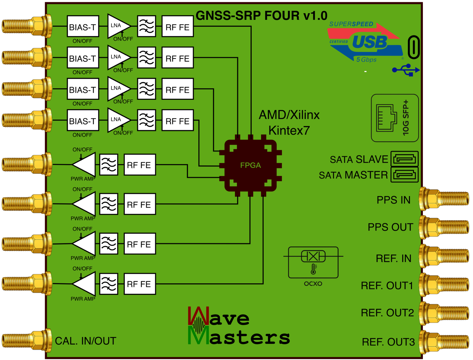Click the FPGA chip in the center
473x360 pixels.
[x=250, y=165]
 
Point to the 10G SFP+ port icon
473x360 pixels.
[x=395, y=118]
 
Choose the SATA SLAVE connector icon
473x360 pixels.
[x=404, y=159]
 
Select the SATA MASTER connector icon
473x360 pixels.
[x=404, y=175]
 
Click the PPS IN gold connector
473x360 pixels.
[x=445, y=199]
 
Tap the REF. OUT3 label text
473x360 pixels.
[x=388, y=342]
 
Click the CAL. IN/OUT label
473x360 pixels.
[x=85, y=341]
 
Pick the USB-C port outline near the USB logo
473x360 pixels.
[x=414, y=47]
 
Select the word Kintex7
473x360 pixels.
[x=289, y=130]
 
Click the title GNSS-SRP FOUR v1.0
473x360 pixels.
[x=261, y=16]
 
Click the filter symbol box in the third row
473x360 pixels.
[x=146, y=89]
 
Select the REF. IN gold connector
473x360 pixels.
[x=445, y=256]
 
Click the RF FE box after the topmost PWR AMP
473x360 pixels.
[x=140, y=165]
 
